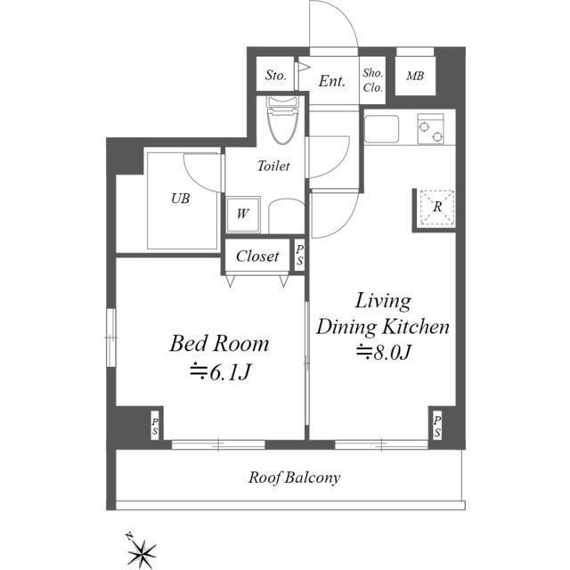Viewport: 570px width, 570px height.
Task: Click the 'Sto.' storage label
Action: pos(275,76)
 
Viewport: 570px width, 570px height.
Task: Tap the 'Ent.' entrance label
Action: pos(331,81)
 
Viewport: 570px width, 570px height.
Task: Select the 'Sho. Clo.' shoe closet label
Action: pos(372,80)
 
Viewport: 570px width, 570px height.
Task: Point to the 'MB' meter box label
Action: pos(415,76)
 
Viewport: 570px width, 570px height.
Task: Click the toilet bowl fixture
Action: pos(282,120)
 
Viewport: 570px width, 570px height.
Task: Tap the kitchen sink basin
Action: pos(382,129)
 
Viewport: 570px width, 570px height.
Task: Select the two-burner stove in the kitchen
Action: pos(431,129)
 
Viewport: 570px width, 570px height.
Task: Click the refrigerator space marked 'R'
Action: pos(437,207)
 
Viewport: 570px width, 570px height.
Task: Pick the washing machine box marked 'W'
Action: pos(243,215)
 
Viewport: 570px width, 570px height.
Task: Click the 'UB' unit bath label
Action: pos(180,199)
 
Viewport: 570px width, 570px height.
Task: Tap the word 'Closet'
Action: pos(257,256)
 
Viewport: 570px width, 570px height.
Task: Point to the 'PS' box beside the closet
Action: pos(299,255)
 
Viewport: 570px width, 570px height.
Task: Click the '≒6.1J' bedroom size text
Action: pos(220,372)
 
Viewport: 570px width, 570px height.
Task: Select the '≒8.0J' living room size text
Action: pos(384,352)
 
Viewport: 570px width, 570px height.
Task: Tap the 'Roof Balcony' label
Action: pos(295,477)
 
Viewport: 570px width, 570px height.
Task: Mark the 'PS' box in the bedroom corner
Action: pos(155,426)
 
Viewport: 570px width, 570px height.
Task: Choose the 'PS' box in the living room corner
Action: pos(436,426)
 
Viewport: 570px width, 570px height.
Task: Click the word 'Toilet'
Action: pos(273,167)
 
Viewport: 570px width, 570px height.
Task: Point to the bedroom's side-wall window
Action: pos(111,338)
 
